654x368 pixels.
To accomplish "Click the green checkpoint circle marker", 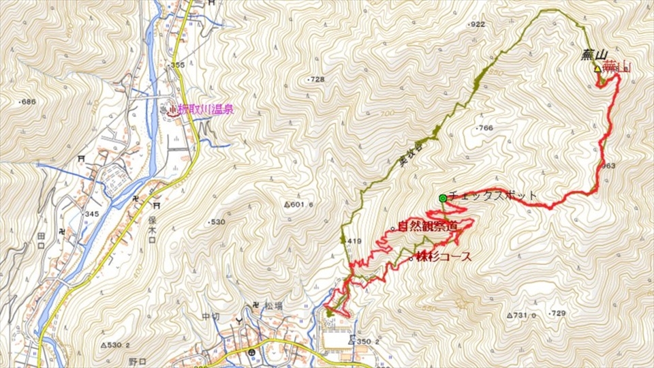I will point(442,198).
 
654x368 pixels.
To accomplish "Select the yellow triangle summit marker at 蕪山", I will point(597,69).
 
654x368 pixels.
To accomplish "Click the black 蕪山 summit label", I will point(594,55).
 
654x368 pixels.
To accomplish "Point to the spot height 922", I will point(477,25).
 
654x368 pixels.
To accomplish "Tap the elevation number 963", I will point(608,166).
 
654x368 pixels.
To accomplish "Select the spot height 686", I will point(27,102).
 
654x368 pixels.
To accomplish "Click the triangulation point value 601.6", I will point(300,204).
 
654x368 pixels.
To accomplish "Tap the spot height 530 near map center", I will point(217,222).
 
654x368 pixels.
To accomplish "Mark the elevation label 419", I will point(353,241).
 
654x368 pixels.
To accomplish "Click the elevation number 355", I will point(177,65).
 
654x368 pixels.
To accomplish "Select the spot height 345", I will point(91,214).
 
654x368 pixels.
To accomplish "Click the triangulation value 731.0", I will point(523,315).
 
